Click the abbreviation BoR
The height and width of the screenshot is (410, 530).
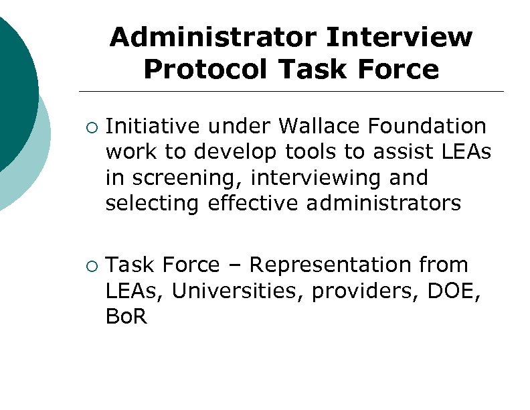tap(126, 317)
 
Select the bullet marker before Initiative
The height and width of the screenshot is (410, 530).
tap(92, 127)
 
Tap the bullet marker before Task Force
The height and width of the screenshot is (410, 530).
tap(92, 266)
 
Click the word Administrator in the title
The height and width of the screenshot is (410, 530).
tap(213, 38)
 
